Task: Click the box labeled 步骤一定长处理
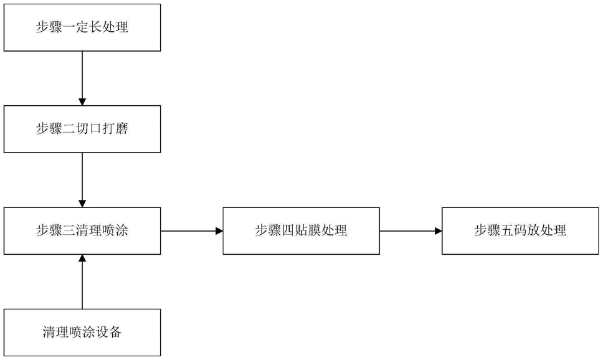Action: coord(82,27)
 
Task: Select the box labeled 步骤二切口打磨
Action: coord(82,129)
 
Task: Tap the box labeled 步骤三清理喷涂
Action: coord(82,231)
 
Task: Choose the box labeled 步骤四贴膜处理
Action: coord(301,231)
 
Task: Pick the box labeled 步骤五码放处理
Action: coord(520,231)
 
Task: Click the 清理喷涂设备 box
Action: coord(82,333)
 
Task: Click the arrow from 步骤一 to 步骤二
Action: coord(82,78)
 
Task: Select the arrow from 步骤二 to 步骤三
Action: coord(82,180)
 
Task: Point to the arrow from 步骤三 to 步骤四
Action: coord(192,231)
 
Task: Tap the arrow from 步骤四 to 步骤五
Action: coord(411,231)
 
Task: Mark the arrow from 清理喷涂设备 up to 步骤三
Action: coord(82,282)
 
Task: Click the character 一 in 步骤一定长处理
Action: coord(69,27)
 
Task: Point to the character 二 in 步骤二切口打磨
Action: coord(69,129)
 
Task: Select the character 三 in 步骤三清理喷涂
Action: coord(69,230)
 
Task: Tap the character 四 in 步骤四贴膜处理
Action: coord(288,230)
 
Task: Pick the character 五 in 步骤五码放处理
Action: coord(507,230)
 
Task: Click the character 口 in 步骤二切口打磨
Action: coord(95,129)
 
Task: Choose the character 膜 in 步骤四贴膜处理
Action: coord(314,230)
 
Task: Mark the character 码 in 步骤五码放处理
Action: coord(520,230)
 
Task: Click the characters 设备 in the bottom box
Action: coord(109,332)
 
